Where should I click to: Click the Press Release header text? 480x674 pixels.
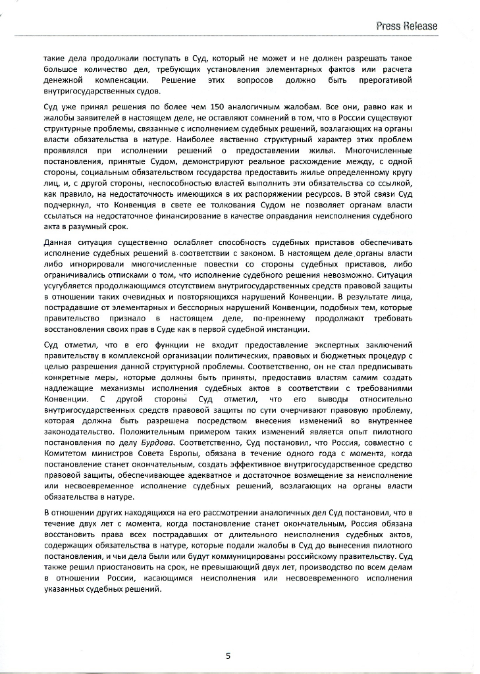pyautogui.click(x=406, y=26)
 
